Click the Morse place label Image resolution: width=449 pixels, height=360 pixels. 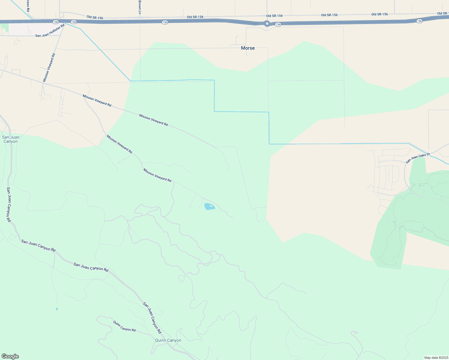(x=248, y=48)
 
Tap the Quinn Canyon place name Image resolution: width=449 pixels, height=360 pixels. (x=168, y=340)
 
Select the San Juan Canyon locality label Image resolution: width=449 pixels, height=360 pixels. (x=11, y=139)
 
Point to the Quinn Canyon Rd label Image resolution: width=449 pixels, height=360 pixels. (x=124, y=326)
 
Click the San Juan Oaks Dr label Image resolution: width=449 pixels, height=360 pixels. (x=418, y=158)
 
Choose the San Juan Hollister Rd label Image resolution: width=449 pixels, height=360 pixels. (x=50, y=31)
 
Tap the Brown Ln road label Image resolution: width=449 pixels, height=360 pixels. (x=140, y=7)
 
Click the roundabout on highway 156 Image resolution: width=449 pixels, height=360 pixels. (x=267, y=23)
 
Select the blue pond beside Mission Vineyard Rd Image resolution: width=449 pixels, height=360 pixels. (x=209, y=206)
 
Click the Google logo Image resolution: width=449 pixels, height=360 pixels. (x=10, y=356)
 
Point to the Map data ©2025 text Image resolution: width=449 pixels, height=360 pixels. (x=436, y=358)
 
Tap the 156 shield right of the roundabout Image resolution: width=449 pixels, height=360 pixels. (x=278, y=24)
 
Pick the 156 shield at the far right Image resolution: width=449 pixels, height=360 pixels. (x=419, y=21)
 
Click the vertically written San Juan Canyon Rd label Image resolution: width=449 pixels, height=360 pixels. (x=9, y=205)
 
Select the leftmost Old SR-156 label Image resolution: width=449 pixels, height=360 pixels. (x=95, y=17)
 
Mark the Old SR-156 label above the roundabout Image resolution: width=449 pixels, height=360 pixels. (x=274, y=16)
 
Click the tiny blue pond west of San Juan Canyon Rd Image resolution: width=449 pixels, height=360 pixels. (x=57, y=309)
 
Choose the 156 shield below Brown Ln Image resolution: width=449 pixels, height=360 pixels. (x=165, y=22)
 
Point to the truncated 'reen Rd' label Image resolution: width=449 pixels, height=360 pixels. (x=28, y=5)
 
